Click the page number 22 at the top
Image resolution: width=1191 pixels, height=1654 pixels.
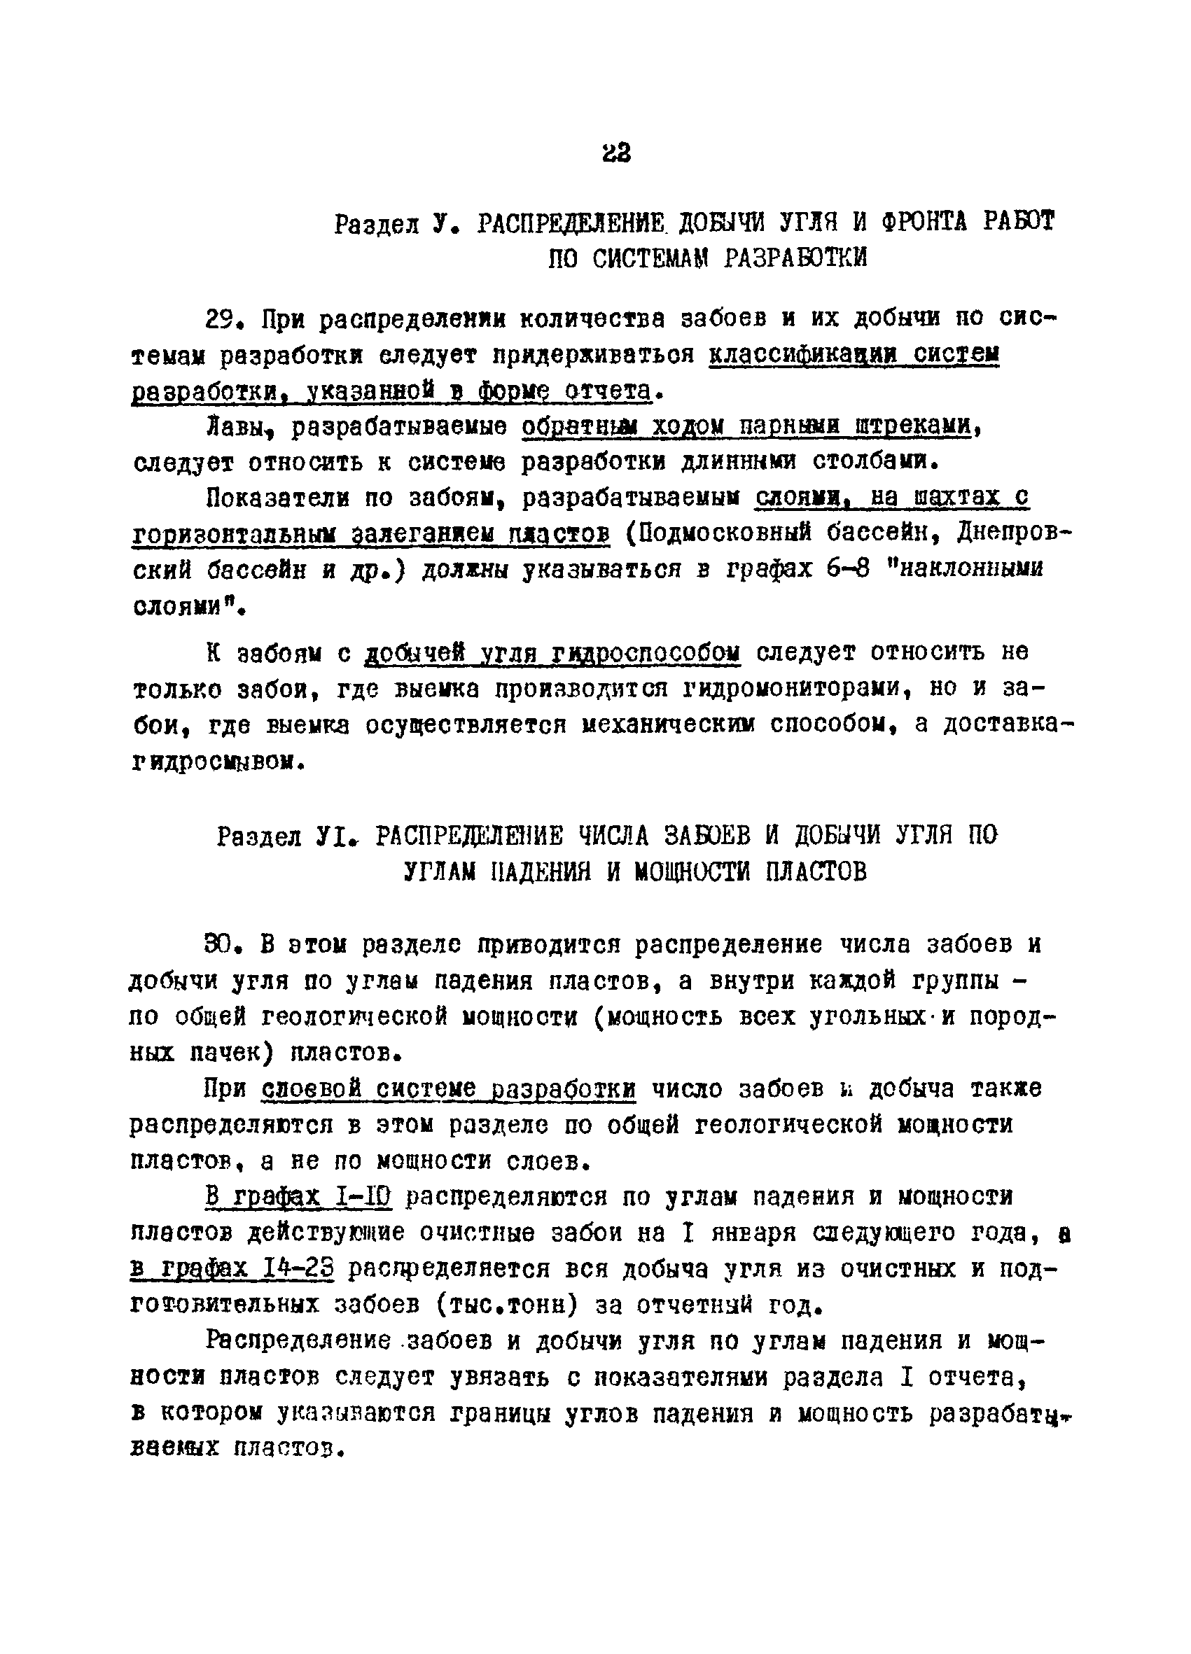click(x=616, y=153)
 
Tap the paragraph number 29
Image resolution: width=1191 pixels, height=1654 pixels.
click(x=223, y=320)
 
